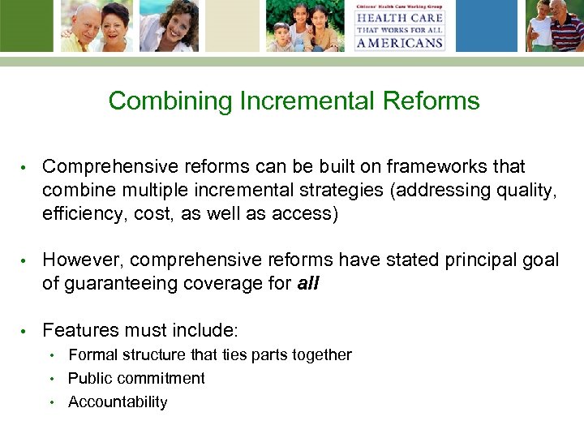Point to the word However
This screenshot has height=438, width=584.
(82, 260)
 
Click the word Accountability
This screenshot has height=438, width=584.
(118, 402)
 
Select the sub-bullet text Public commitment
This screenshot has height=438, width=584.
(136, 379)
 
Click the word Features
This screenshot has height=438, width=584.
(79, 330)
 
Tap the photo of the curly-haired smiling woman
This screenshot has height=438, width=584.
(169, 26)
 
